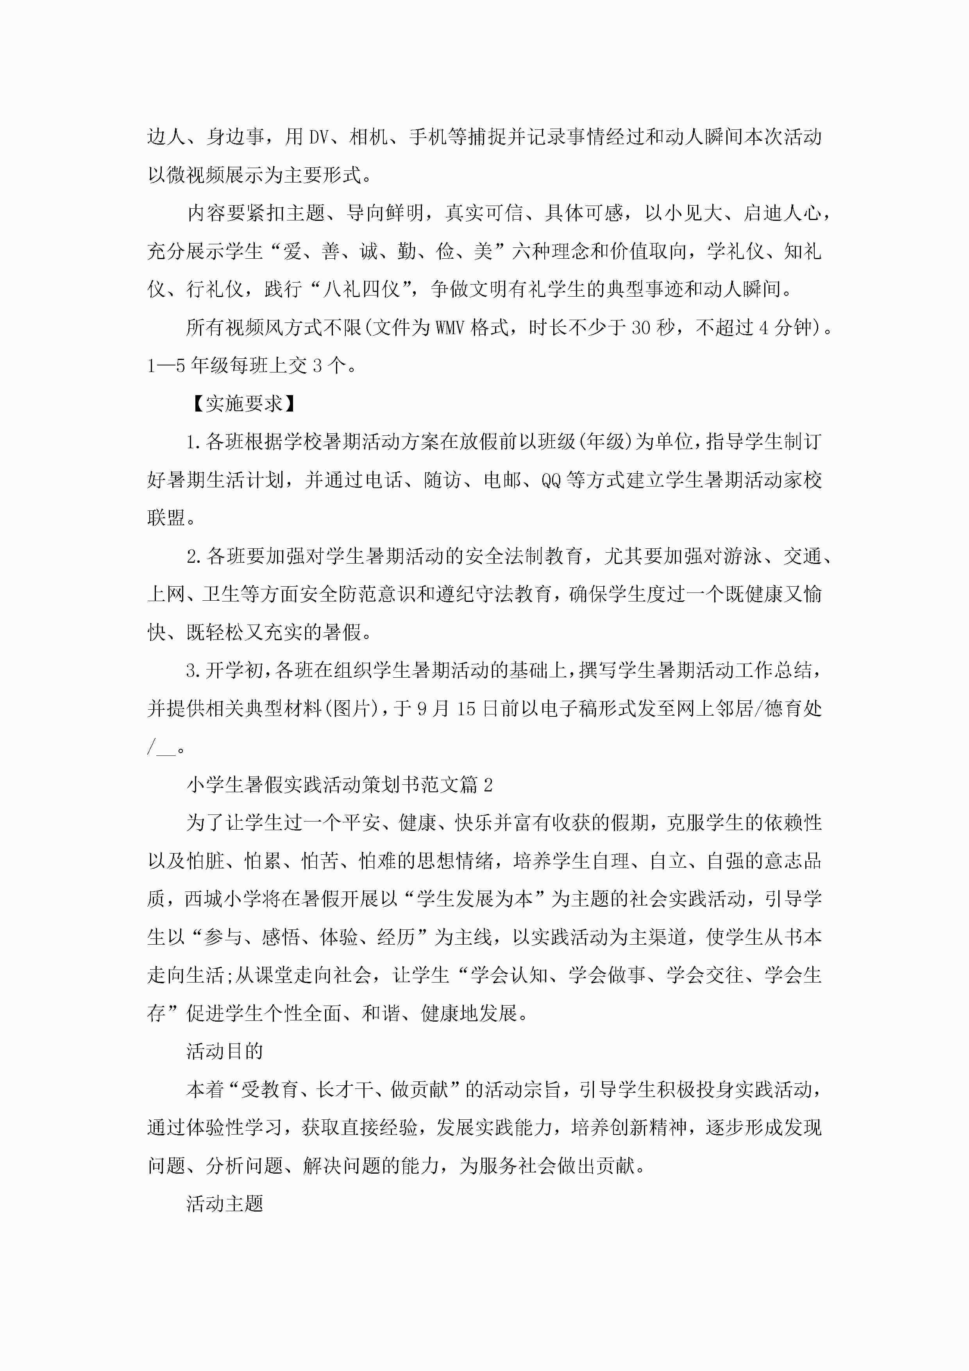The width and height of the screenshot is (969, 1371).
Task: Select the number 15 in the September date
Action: click(466, 709)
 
